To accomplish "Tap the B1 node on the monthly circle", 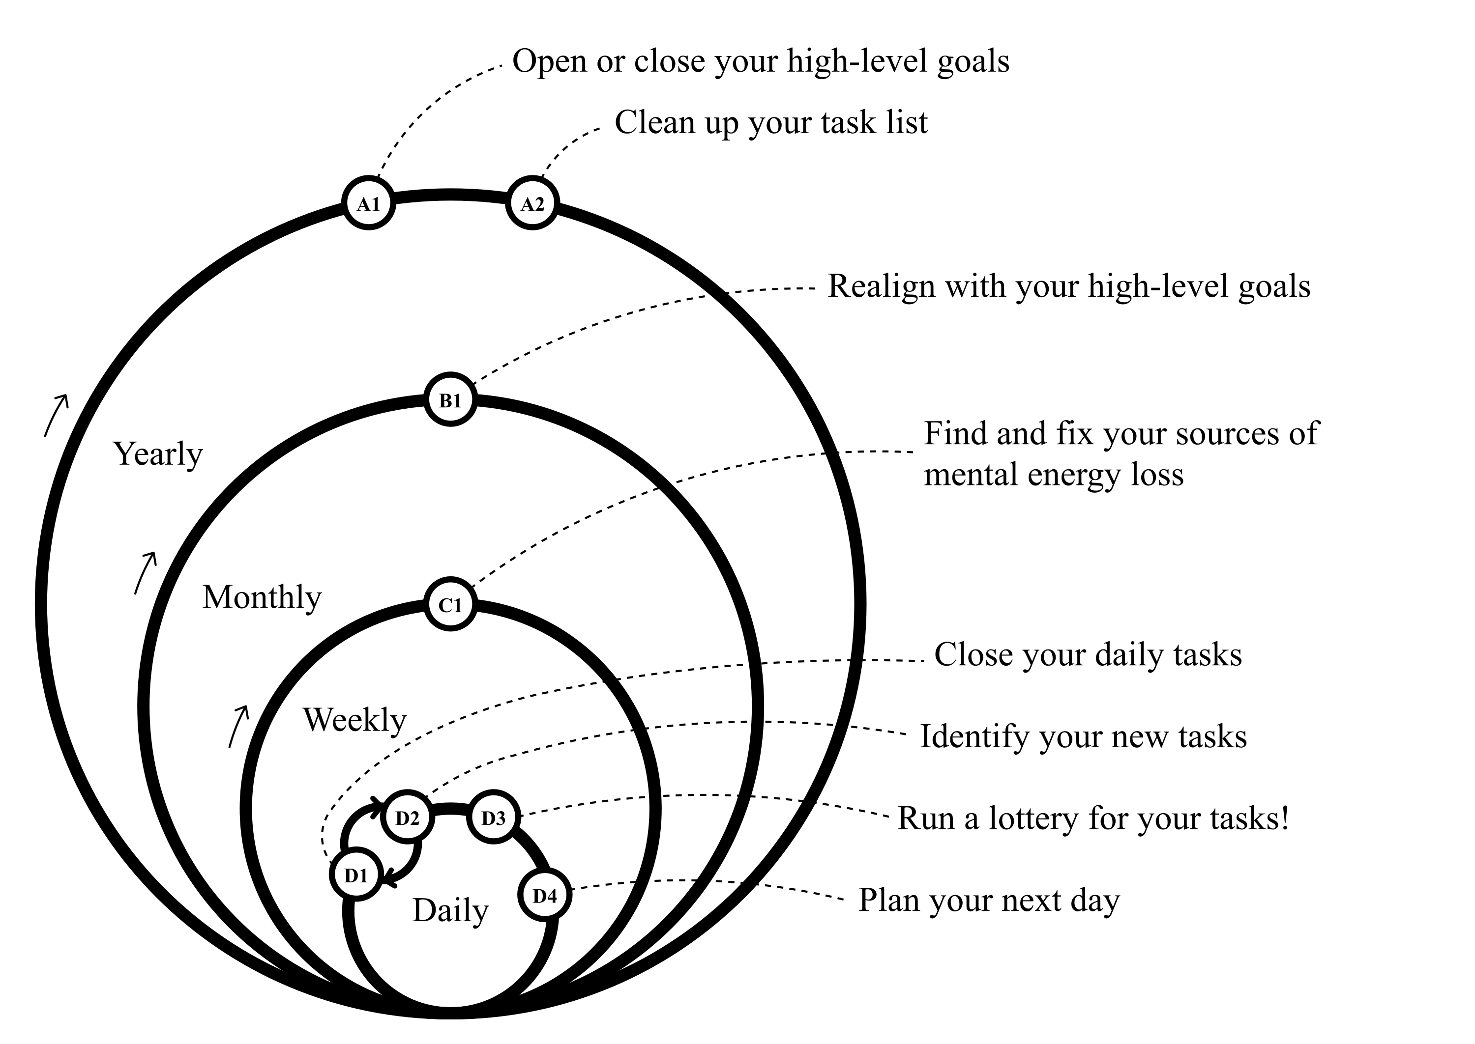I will [x=450, y=400].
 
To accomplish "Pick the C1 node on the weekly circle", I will [x=450, y=605].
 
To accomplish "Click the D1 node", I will [x=356, y=875].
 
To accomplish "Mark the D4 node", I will [x=545, y=895].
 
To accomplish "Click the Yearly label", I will [x=158, y=454].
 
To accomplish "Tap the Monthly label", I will [x=261, y=597].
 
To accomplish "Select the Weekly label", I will [x=354, y=719].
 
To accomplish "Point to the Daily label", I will [x=450, y=910].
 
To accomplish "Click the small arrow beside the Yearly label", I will [x=56, y=415].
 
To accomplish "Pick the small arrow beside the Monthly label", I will [x=146, y=572].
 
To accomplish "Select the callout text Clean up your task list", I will [x=770, y=122].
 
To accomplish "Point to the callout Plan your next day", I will [x=989, y=900].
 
